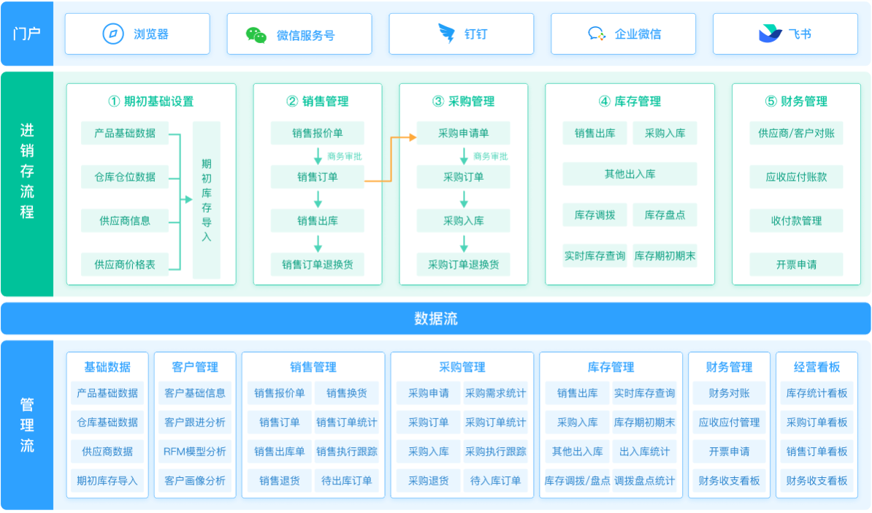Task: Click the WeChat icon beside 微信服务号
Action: click(x=256, y=34)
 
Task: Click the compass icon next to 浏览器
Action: click(x=113, y=34)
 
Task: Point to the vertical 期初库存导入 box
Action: click(x=207, y=200)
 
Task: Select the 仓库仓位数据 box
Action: click(x=125, y=177)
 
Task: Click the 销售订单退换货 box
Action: click(x=318, y=265)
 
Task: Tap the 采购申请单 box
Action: click(x=464, y=133)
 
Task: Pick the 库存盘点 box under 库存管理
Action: click(x=665, y=215)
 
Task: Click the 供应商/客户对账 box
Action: click(x=796, y=133)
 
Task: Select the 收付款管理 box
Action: click(x=796, y=221)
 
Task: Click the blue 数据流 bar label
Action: click(x=436, y=319)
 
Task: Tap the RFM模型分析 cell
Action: click(x=195, y=452)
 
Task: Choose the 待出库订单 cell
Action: click(x=347, y=481)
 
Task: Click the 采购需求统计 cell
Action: click(x=496, y=393)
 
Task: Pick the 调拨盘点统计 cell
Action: click(x=645, y=481)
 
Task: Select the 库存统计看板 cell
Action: click(x=817, y=393)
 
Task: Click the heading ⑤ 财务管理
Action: click(x=796, y=102)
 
